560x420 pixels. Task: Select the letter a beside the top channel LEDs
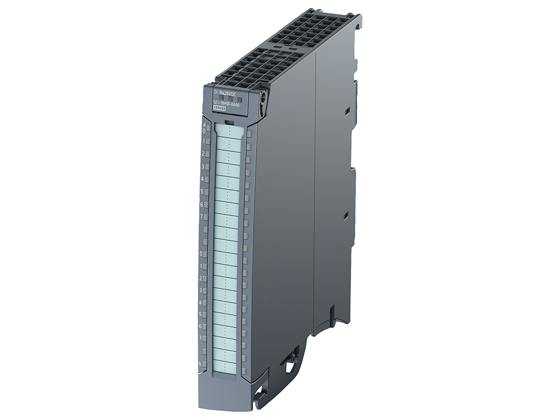[x=204, y=125]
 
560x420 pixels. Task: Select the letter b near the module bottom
[x=201, y=364]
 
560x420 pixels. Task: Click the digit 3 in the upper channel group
[x=203, y=166]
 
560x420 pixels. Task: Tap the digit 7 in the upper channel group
[x=202, y=217]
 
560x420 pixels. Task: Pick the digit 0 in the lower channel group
[x=201, y=254]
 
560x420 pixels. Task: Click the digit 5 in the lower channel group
[x=201, y=314]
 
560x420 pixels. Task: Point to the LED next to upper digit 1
[x=208, y=142]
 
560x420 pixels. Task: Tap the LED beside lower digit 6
[x=206, y=326]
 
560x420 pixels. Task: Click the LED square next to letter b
[x=206, y=363]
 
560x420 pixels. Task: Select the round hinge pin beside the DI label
[x=263, y=98]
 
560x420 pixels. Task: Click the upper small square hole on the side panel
[x=347, y=112]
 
